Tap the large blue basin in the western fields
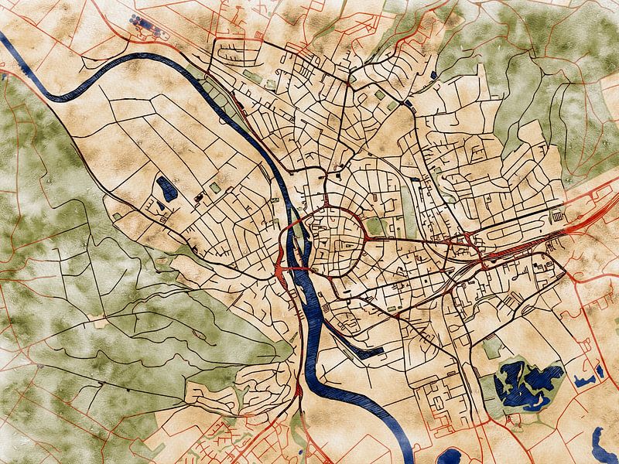click(166, 188)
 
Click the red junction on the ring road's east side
click(364, 238)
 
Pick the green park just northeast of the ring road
click(376, 226)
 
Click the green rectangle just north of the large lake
click(492, 348)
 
